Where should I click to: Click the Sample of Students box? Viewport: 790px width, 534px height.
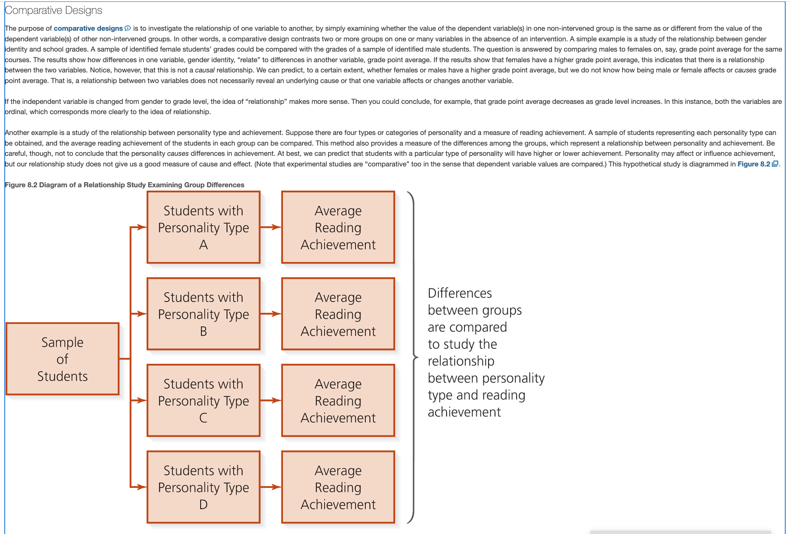63,359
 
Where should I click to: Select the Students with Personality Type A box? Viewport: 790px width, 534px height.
203,227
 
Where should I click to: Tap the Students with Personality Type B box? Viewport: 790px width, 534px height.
203,314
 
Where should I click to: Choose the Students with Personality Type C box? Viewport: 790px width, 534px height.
203,400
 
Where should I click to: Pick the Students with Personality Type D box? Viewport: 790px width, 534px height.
203,487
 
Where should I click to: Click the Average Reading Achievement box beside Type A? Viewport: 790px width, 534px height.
338,227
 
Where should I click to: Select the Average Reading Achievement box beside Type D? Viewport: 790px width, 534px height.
338,487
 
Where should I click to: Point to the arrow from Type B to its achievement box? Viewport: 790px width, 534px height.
271,314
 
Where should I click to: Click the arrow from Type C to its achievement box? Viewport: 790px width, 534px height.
271,400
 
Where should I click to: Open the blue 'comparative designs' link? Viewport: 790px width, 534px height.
88,29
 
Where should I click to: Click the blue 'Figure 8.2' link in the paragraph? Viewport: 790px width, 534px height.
754,164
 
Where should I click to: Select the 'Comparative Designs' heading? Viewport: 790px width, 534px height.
53,10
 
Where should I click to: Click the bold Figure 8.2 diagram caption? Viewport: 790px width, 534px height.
124,185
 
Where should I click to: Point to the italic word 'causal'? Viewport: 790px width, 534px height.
205,70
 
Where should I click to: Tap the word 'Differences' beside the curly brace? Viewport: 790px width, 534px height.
460,293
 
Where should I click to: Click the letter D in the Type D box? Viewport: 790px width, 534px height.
203,505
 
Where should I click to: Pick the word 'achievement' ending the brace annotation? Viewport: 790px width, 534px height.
464,412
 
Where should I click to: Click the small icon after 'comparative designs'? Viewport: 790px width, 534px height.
128,28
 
